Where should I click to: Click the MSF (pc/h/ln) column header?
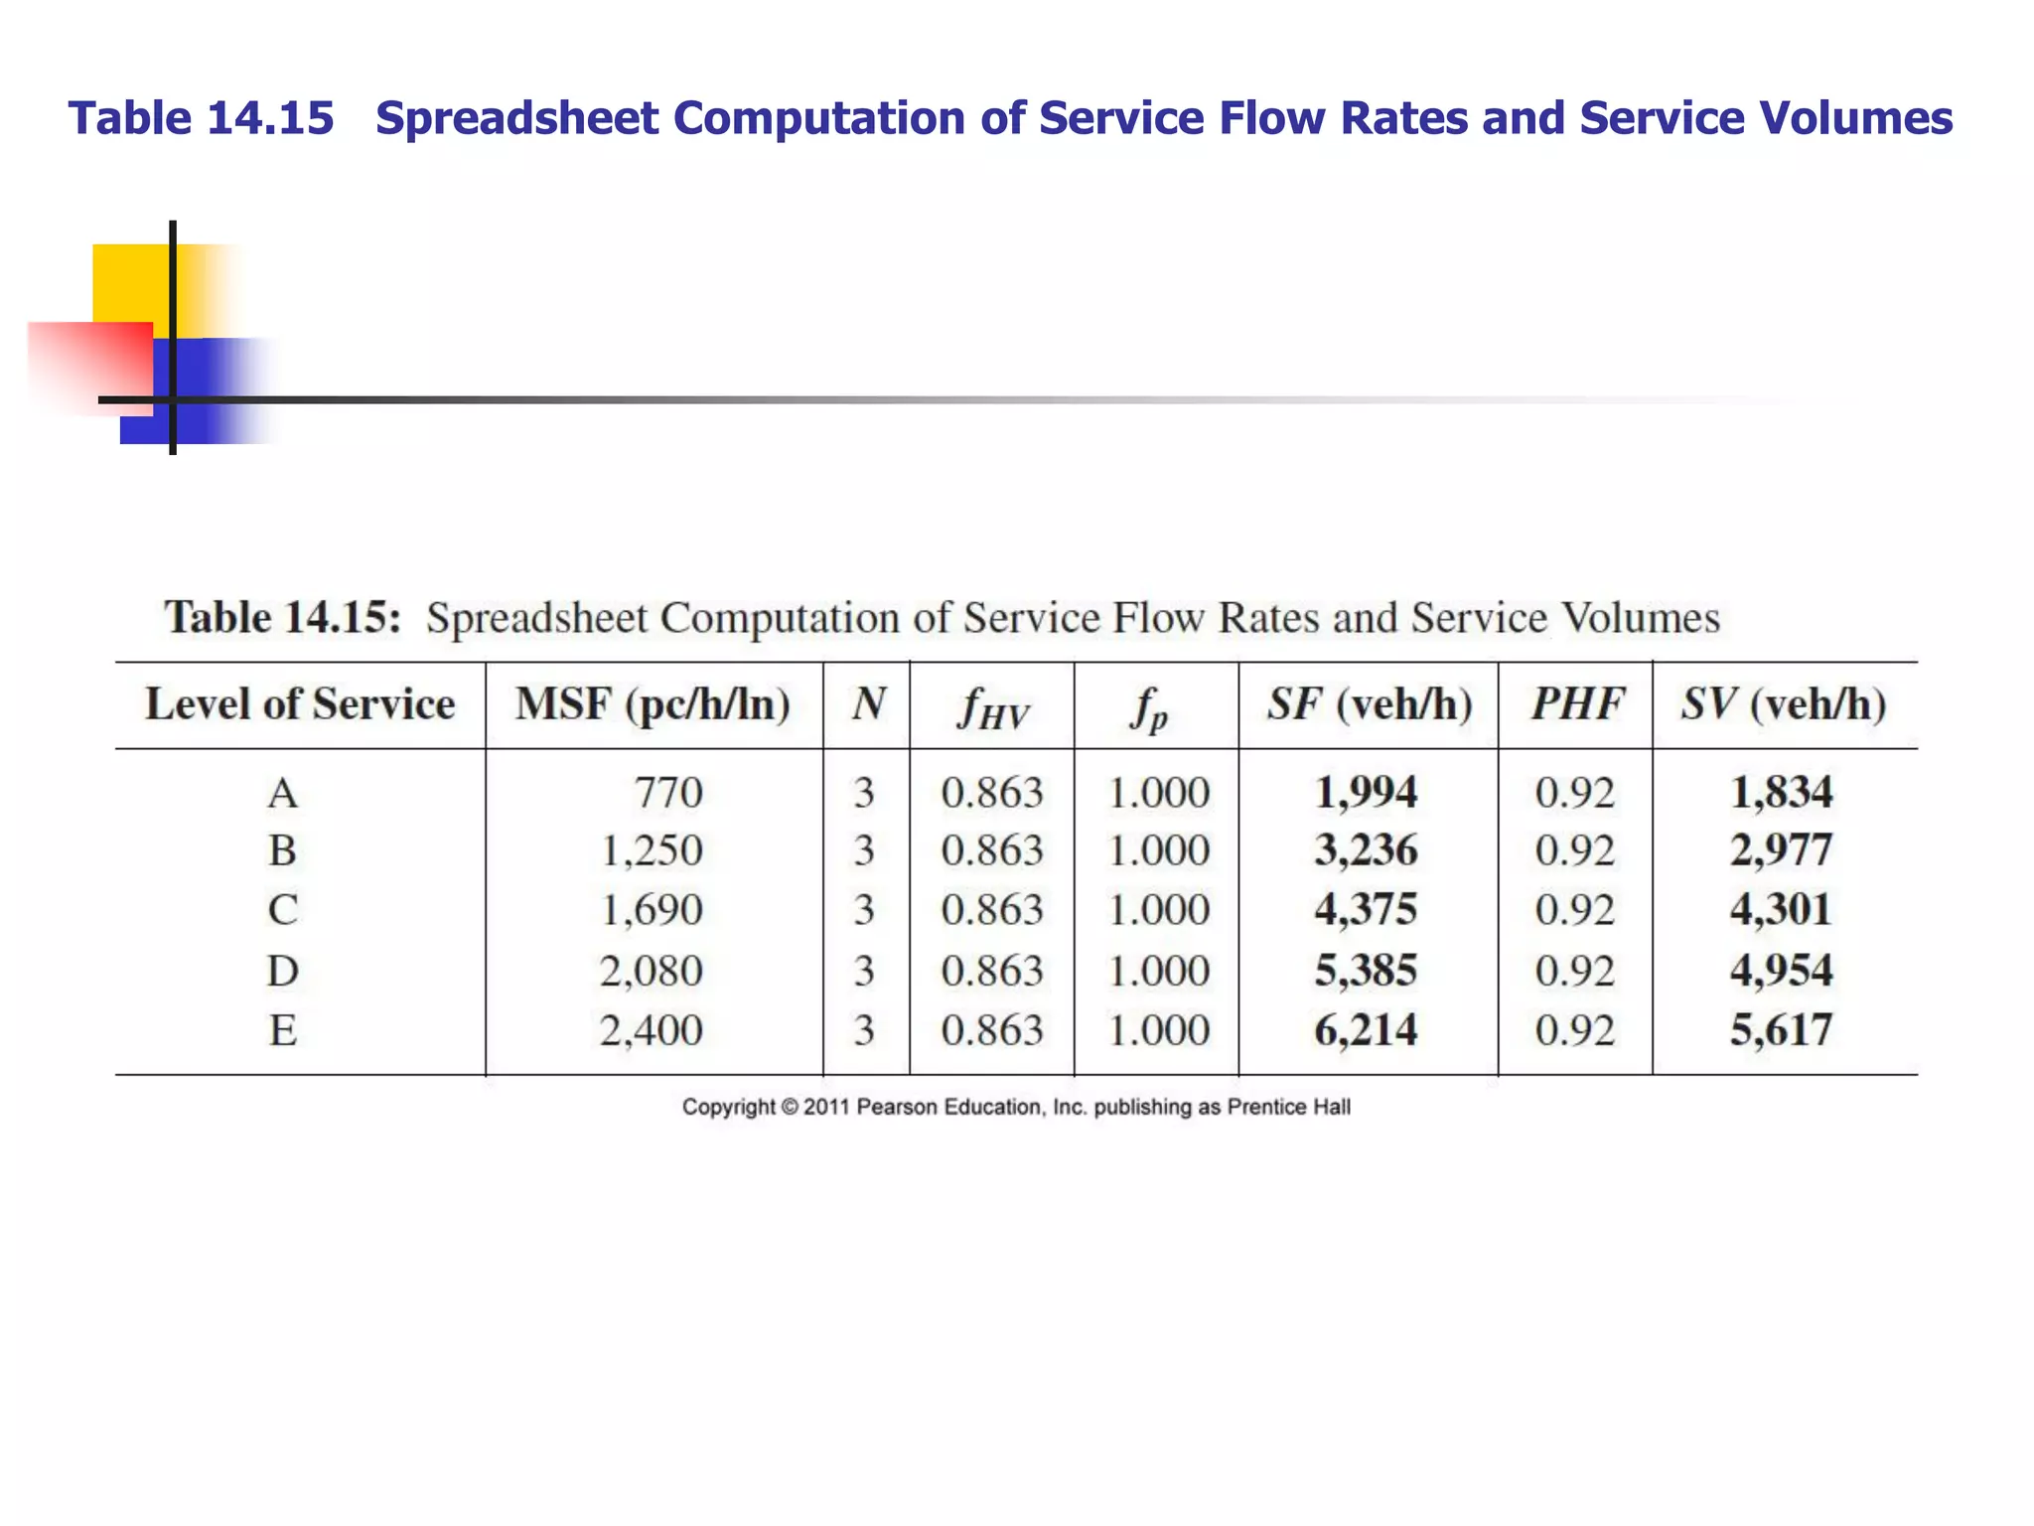coord(653,704)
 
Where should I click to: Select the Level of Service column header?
coord(300,704)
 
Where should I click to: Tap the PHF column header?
coord(1576,704)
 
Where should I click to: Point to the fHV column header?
coord(992,708)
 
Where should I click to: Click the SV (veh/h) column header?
coord(1784,704)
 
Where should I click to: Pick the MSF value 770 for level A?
coord(668,793)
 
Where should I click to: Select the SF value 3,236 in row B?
coord(1366,850)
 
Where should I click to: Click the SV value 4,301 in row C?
coord(1781,909)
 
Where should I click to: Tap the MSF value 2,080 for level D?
coord(652,971)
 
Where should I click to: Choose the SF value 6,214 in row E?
coord(1366,1030)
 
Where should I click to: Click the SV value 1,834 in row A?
coord(1781,793)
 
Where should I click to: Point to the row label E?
coord(283,1030)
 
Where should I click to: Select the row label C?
coord(283,910)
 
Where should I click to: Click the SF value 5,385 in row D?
coord(1366,971)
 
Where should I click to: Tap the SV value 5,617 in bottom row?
coord(1781,1030)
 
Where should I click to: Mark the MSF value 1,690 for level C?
coord(652,910)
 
